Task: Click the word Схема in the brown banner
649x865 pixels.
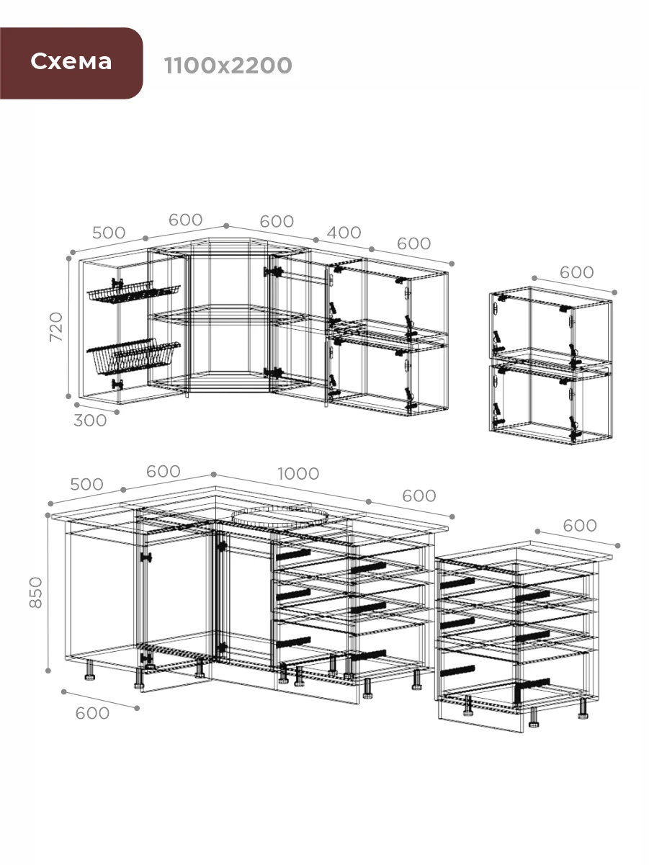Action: (x=71, y=61)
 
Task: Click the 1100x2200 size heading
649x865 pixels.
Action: (x=228, y=66)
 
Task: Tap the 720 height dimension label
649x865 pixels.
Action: (x=56, y=327)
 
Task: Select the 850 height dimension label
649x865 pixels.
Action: (x=35, y=592)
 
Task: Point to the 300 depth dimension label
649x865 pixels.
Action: (x=90, y=421)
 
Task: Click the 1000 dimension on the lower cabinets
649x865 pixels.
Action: (x=298, y=474)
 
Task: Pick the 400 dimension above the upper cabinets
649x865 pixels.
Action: (x=344, y=233)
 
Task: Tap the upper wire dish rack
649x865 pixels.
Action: (x=133, y=292)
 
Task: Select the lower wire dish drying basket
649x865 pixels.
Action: (x=133, y=357)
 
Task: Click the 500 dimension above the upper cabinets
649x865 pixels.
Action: (x=109, y=233)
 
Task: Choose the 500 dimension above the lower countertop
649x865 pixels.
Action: (x=86, y=484)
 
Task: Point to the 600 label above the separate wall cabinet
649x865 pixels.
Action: (x=577, y=272)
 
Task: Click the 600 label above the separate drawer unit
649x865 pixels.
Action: (x=580, y=525)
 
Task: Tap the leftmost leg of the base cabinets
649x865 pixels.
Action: (x=89, y=670)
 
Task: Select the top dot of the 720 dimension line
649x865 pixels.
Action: (x=69, y=258)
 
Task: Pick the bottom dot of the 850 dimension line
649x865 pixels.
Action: (x=48, y=671)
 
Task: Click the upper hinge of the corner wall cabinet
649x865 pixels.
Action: (x=274, y=272)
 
